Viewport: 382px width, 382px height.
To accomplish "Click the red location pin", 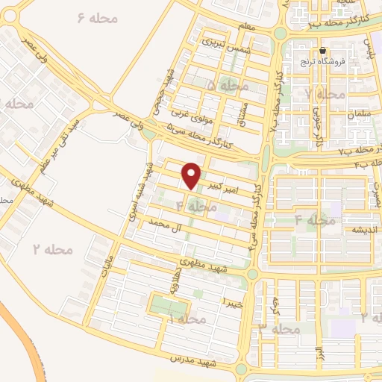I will (192, 175).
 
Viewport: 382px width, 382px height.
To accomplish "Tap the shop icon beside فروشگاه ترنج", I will (322, 51).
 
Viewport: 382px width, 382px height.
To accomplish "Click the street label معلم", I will (245, 28).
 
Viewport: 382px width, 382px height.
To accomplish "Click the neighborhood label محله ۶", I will (98, 17).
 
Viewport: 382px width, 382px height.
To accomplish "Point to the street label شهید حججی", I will (169, 92).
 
